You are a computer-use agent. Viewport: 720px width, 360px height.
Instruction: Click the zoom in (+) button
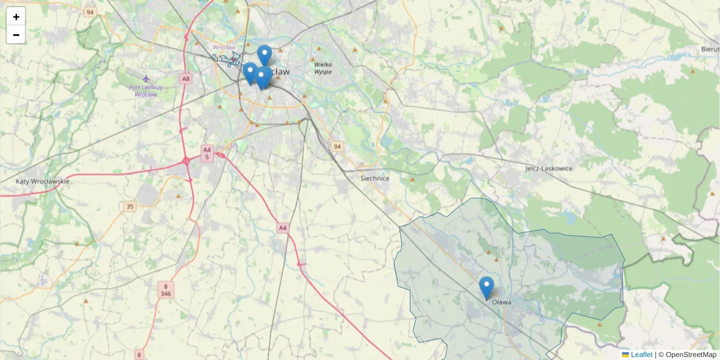[x=16, y=16]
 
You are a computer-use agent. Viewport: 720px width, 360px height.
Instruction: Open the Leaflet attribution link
[x=641, y=355]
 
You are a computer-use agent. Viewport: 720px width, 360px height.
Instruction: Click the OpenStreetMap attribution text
[x=691, y=355]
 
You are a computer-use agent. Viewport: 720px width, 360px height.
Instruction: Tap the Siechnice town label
[x=375, y=178]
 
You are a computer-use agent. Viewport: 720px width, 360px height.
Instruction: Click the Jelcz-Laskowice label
[x=548, y=169]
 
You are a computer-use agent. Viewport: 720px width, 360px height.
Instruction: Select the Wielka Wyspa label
[x=323, y=68]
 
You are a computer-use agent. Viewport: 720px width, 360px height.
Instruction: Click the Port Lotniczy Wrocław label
[x=146, y=91]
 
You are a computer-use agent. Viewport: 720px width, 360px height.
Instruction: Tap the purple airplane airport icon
[x=146, y=79]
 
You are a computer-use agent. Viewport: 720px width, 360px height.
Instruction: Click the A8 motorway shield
[x=185, y=78]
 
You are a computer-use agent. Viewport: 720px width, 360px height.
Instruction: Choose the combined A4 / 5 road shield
[x=207, y=153]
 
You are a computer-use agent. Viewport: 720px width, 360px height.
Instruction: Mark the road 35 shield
[x=130, y=206]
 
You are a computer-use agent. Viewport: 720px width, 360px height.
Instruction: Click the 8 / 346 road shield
[x=166, y=290]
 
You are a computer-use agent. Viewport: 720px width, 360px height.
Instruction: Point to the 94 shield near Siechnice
[x=337, y=146]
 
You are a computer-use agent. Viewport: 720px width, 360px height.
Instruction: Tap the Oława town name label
[x=502, y=302]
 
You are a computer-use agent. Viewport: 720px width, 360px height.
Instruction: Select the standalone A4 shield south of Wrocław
[x=283, y=227]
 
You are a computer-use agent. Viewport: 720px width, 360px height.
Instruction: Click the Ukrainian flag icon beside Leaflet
[x=626, y=355]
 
